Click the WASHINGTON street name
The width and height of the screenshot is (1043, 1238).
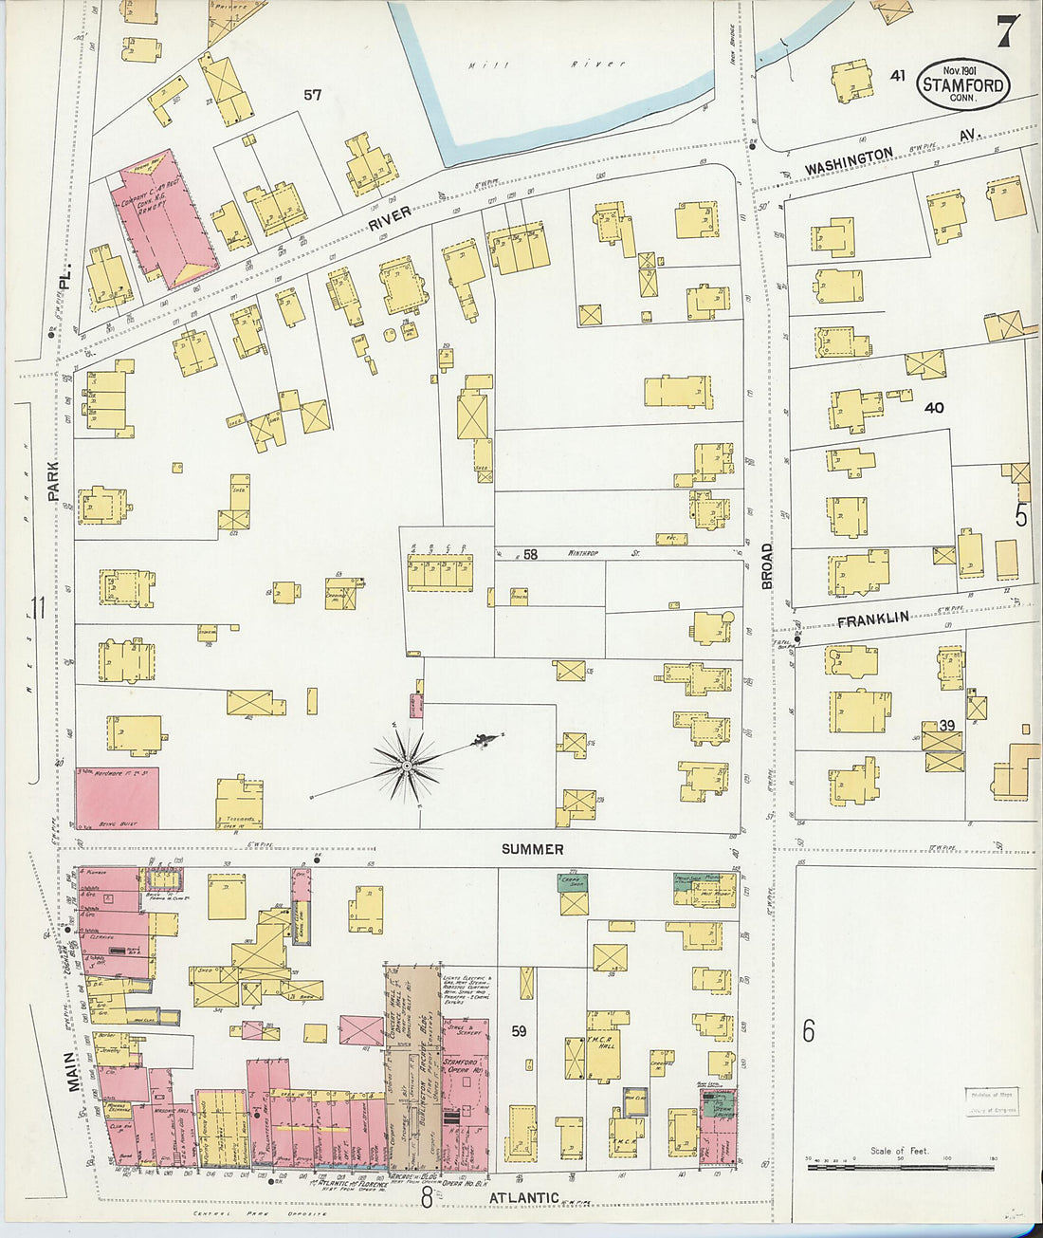(x=849, y=161)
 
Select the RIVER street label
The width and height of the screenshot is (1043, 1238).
(x=389, y=218)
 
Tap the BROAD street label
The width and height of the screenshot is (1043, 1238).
(x=767, y=566)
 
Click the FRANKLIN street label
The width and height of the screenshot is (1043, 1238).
(x=872, y=619)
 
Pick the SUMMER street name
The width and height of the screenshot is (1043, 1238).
(x=532, y=849)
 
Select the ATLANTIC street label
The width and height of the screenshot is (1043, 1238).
(x=523, y=1198)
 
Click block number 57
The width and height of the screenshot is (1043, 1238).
(x=312, y=95)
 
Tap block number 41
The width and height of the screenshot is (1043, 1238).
(x=898, y=75)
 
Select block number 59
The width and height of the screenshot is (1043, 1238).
(x=518, y=1030)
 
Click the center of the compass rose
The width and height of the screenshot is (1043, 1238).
(x=407, y=765)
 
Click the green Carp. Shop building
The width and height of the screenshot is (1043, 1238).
(x=573, y=881)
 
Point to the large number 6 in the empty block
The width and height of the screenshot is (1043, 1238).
(x=808, y=1029)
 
